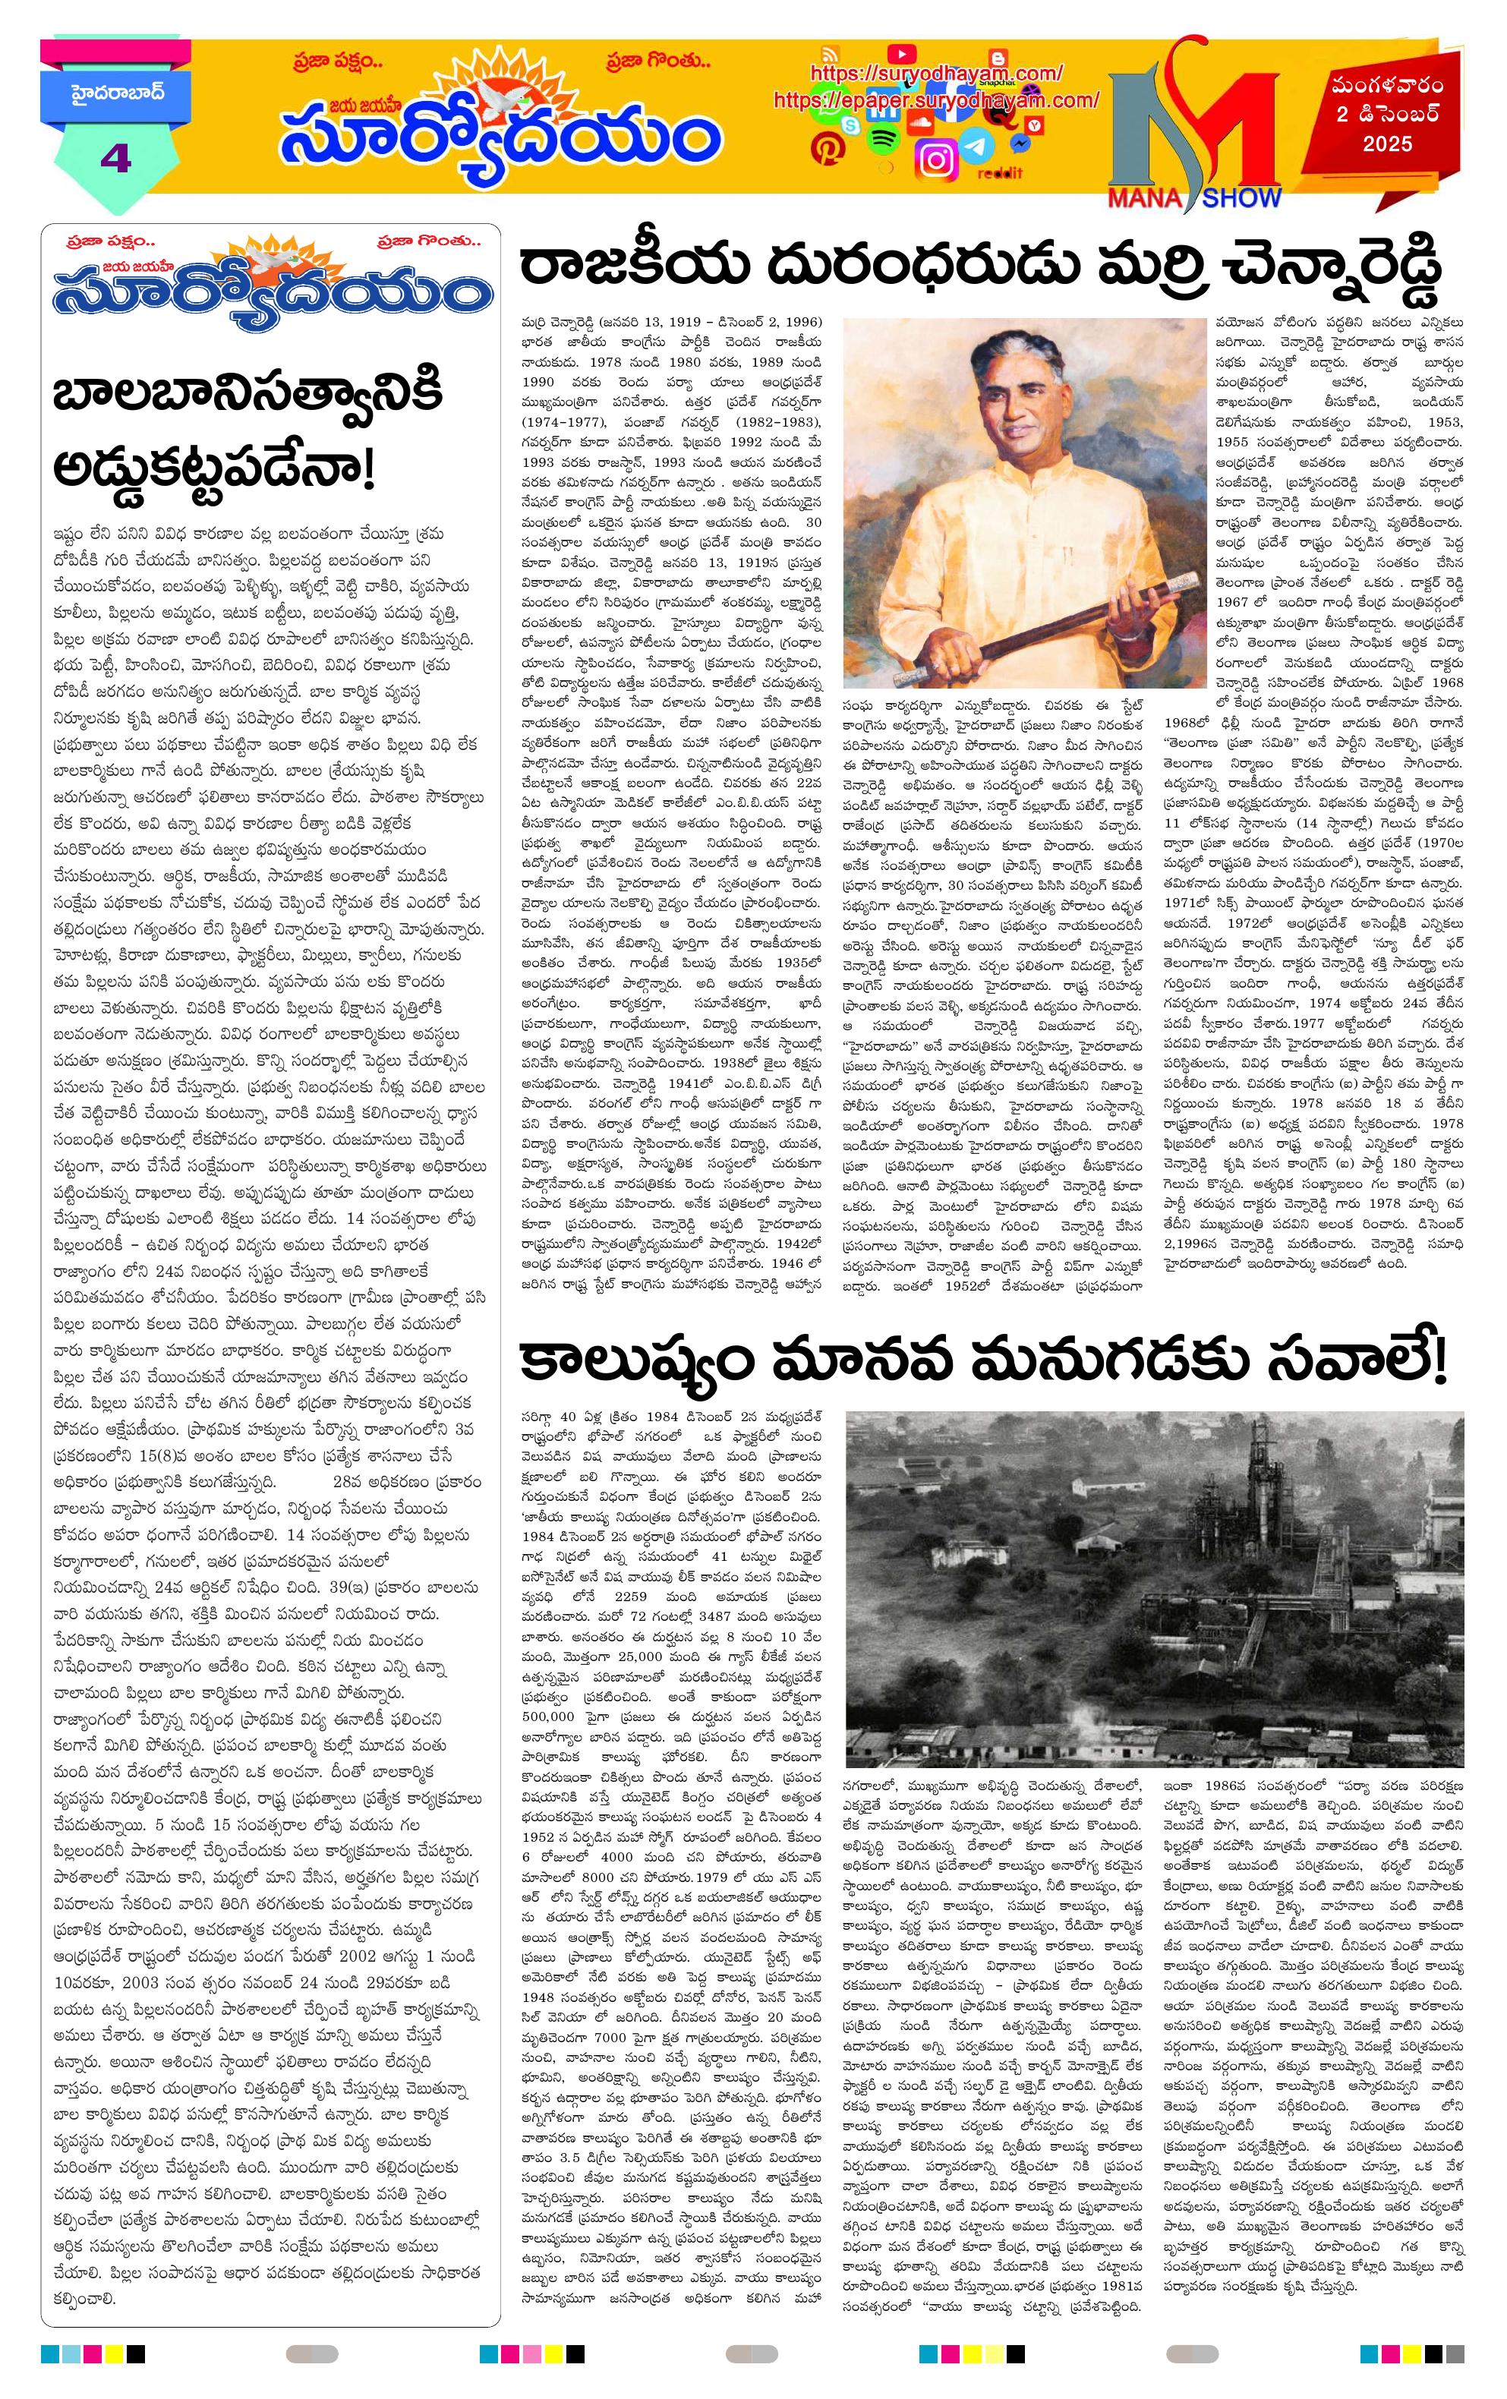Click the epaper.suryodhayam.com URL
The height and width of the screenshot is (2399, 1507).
pyautogui.click(x=935, y=99)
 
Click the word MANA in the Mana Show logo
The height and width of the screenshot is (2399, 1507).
pyautogui.click(x=1143, y=197)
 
